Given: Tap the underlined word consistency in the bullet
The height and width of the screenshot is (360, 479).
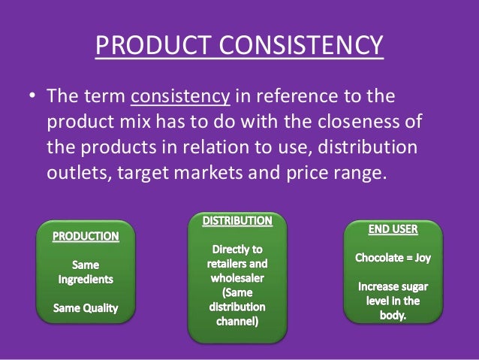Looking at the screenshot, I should tap(171, 100).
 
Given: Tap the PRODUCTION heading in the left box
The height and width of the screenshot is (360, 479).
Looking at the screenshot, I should tap(85, 237).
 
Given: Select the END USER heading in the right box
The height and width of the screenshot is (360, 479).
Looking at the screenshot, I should tap(398, 227).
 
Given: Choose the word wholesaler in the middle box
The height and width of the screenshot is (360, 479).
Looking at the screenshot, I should tap(237, 279).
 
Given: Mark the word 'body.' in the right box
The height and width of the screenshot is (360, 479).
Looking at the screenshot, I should tap(399, 316).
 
